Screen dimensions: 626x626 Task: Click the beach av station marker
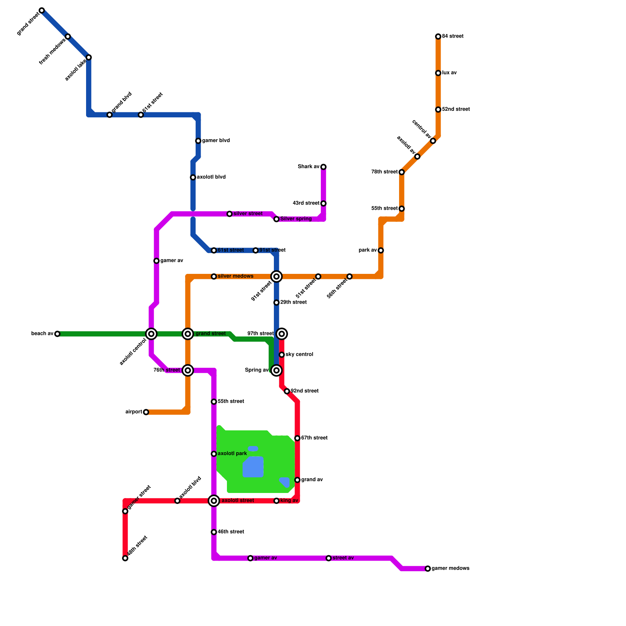pyautogui.click(x=58, y=334)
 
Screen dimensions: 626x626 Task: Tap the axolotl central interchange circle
pyautogui.click(x=151, y=334)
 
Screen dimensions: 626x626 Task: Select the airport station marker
pyautogui.click(x=146, y=412)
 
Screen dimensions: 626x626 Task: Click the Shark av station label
pyautogui.click(x=309, y=167)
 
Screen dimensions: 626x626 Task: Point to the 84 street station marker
pyautogui.click(x=438, y=36)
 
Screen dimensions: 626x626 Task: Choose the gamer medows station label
pyautogui.click(x=450, y=568)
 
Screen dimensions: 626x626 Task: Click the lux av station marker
pyautogui.click(x=438, y=73)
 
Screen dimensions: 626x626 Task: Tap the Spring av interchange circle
pyautogui.click(x=277, y=370)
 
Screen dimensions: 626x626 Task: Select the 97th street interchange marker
pyautogui.click(x=282, y=334)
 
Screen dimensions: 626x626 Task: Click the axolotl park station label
pyautogui.click(x=232, y=454)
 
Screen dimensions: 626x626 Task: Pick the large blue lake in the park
pyautogui.click(x=253, y=467)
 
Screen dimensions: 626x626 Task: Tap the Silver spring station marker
pyautogui.click(x=277, y=219)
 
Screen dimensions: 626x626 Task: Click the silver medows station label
pyautogui.click(x=236, y=276)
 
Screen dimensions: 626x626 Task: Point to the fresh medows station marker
pyautogui.click(x=68, y=36)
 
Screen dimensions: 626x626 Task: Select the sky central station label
pyautogui.click(x=299, y=354)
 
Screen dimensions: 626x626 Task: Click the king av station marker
pyautogui.click(x=277, y=501)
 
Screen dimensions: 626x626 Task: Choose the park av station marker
pyautogui.click(x=381, y=250)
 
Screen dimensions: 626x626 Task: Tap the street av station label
pyautogui.click(x=343, y=558)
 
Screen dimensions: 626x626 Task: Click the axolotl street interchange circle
pyautogui.click(x=214, y=501)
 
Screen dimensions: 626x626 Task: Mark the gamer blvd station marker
pyautogui.click(x=198, y=141)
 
